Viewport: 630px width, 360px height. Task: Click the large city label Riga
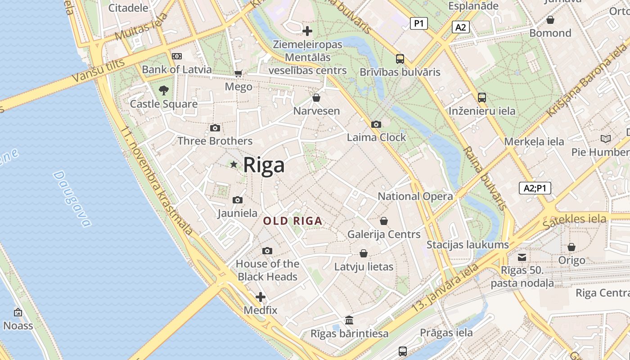pyautogui.click(x=264, y=165)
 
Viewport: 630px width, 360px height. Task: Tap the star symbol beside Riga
pyautogui.click(x=234, y=165)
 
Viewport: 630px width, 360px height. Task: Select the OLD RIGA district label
pyautogui.click(x=293, y=221)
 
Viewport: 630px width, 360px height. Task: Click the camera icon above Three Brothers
pyautogui.click(x=215, y=128)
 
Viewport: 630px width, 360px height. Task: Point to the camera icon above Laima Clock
pyautogui.click(x=376, y=125)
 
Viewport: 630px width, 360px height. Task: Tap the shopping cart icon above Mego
pyautogui.click(x=238, y=73)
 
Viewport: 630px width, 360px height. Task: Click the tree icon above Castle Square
pyautogui.click(x=164, y=90)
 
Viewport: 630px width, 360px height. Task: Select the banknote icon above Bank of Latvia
pyautogui.click(x=177, y=56)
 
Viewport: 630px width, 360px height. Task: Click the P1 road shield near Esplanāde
pyautogui.click(x=418, y=23)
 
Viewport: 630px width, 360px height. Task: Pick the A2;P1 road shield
pyautogui.click(x=535, y=188)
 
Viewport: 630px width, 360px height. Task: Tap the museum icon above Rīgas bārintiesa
pyautogui.click(x=349, y=320)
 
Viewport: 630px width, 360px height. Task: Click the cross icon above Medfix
pyautogui.click(x=261, y=297)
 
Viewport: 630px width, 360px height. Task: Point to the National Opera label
pyautogui.click(x=415, y=196)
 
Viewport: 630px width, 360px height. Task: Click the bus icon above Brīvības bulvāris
pyautogui.click(x=400, y=59)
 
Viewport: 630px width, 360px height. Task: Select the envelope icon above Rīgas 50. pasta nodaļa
pyautogui.click(x=522, y=257)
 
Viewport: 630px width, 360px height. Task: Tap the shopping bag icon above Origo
pyautogui.click(x=571, y=247)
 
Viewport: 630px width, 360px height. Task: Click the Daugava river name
pyautogui.click(x=72, y=198)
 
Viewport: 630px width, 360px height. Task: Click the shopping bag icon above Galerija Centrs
pyautogui.click(x=384, y=221)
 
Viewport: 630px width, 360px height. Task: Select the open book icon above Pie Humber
pyautogui.click(x=606, y=139)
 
